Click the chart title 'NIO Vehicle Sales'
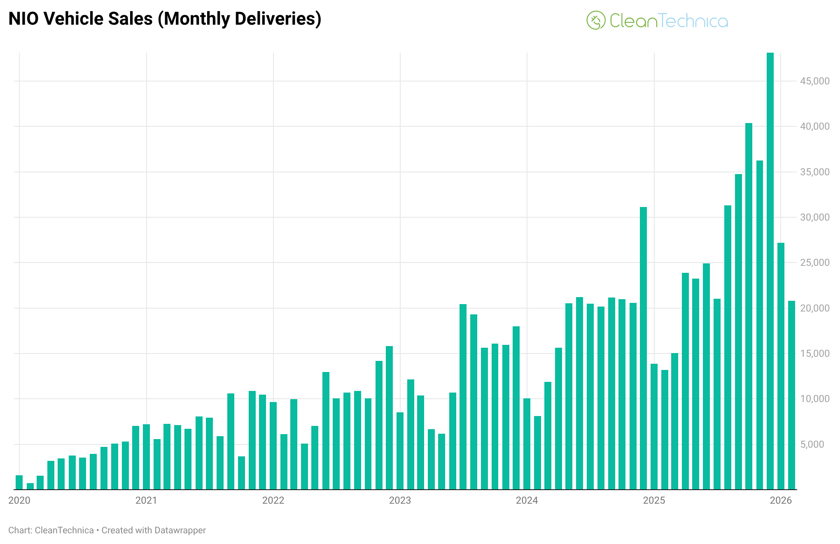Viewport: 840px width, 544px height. coord(80,19)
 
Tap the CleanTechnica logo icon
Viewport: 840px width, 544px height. coord(596,20)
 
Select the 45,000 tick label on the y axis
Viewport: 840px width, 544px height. coord(814,81)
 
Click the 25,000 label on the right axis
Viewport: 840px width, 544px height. coord(814,263)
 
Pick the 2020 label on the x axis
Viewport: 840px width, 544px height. coord(19,500)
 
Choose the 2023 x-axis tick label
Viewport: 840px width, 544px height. coord(400,500)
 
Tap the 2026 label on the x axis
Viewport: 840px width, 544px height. coord(781,500)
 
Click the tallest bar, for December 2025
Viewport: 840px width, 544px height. coord(770,272)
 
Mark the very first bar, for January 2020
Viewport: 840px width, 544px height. coord(19,482)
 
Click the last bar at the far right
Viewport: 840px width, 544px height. coord(791,395)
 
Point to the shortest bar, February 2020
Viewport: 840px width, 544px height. coord(30,486)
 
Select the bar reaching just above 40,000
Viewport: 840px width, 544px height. coord(749,306)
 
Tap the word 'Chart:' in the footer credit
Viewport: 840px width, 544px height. coord(20,530)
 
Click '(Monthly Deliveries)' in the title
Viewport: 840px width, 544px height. coord(240,19)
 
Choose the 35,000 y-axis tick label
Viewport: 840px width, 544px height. coord(814,172)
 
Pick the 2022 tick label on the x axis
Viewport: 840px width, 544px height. coord(273,500)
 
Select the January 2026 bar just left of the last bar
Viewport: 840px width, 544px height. coord(781,366)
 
